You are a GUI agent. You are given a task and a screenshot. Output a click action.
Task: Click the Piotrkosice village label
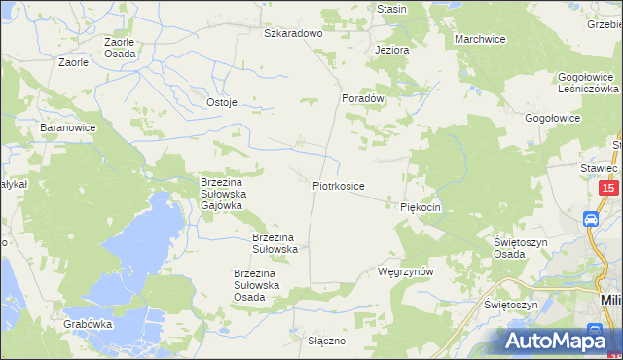pos(339,185)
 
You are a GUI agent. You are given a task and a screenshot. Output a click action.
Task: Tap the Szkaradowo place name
pos(293,33)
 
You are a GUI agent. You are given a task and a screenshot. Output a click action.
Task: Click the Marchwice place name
pos(480,39)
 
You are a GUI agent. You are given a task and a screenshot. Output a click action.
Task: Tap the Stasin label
pos(391,9)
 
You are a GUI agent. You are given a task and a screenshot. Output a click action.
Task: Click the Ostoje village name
pos(222,102)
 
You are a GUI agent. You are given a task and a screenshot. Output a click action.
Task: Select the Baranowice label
pos(65,127)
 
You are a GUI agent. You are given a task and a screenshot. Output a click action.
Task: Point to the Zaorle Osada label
pos(121,48)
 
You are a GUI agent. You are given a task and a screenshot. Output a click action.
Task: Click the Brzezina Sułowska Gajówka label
pos(228,193)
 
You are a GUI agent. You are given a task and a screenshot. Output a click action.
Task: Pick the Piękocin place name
pos(421,207)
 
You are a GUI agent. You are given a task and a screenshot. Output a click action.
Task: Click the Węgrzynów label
pos(404,272)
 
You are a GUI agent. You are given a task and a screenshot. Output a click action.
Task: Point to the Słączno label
pos(326,342)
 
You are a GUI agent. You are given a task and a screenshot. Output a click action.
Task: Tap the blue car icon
pos(591,220)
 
